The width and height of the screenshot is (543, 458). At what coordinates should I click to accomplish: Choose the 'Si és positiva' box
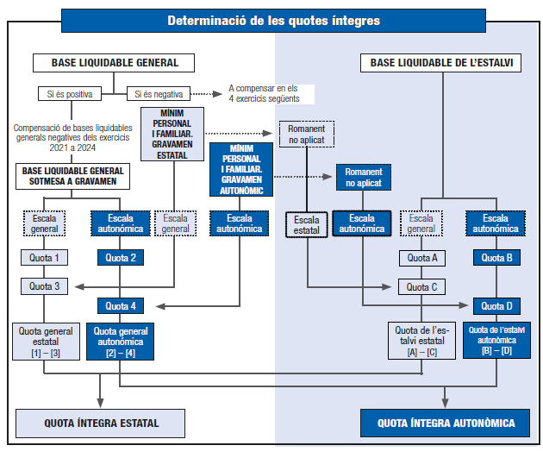[70, 93]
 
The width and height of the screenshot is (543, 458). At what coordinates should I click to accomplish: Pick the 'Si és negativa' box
[159, 93]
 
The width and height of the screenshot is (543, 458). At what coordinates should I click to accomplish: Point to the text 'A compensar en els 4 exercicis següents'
[264, 93]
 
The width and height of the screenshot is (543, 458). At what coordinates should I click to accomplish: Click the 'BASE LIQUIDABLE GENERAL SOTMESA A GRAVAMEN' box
[73, 176]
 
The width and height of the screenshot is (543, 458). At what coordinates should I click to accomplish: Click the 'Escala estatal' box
[307, 224]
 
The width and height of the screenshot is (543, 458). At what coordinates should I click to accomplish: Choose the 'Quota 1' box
[44, 258]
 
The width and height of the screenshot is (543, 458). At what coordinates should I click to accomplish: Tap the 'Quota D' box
[496, 305]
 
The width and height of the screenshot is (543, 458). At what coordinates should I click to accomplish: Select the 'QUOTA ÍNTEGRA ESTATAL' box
[102, 423]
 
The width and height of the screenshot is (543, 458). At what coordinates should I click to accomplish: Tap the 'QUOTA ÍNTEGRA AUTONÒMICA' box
[446, 423]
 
